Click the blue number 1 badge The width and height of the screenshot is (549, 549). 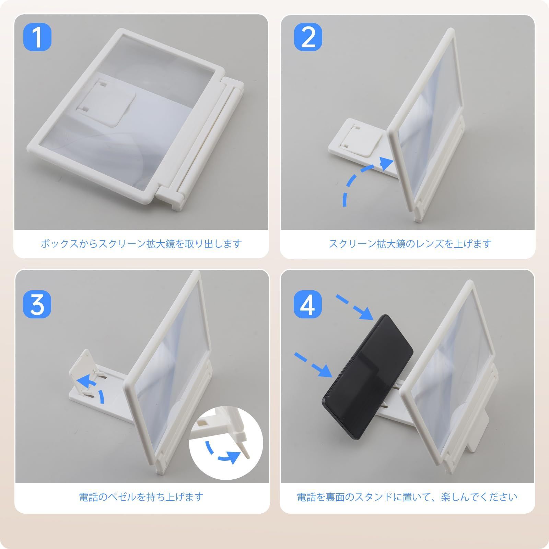click(x=37, y=37)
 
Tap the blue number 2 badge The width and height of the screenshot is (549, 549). click(x=308, y=37)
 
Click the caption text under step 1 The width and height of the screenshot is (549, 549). click(x=141, y=244)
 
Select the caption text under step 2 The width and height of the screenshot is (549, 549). click(x=410, y=244)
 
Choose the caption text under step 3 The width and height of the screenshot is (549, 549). click(x=141, y=497)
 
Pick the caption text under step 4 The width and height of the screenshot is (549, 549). click(x=407, y=497)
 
